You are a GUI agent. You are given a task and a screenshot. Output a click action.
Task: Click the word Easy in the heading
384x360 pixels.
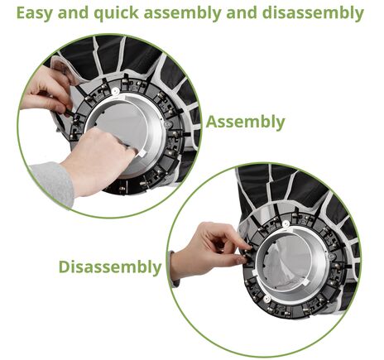(x=35, y=12)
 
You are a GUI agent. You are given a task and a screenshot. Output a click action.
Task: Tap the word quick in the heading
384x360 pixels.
(x=116, y=13)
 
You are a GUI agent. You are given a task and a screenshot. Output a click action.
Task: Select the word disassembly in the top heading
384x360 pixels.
(x=313, y=13)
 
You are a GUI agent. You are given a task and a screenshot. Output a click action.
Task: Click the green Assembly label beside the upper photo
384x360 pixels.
(x=245, y=122)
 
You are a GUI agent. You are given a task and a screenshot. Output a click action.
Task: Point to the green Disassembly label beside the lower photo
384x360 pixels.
(x=110, y=267)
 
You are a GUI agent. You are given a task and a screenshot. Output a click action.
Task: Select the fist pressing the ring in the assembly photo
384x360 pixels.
(x=97, y=163)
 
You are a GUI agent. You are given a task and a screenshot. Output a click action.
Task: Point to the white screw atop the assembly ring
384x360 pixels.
(x=115, y=91)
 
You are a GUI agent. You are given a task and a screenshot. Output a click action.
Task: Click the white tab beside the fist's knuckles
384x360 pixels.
(x=143, y=153)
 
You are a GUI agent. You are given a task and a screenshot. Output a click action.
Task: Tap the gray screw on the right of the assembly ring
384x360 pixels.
(x=167, y=124)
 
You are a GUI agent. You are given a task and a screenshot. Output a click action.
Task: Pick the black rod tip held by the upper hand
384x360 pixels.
(x=70, y=113)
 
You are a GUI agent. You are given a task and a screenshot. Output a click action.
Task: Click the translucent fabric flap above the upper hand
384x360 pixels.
(x=63, y=69)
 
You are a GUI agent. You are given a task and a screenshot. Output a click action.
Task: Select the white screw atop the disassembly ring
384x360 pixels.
(x=286, y=223)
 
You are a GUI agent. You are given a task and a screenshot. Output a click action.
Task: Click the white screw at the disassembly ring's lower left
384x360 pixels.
(x=266, y=299)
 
